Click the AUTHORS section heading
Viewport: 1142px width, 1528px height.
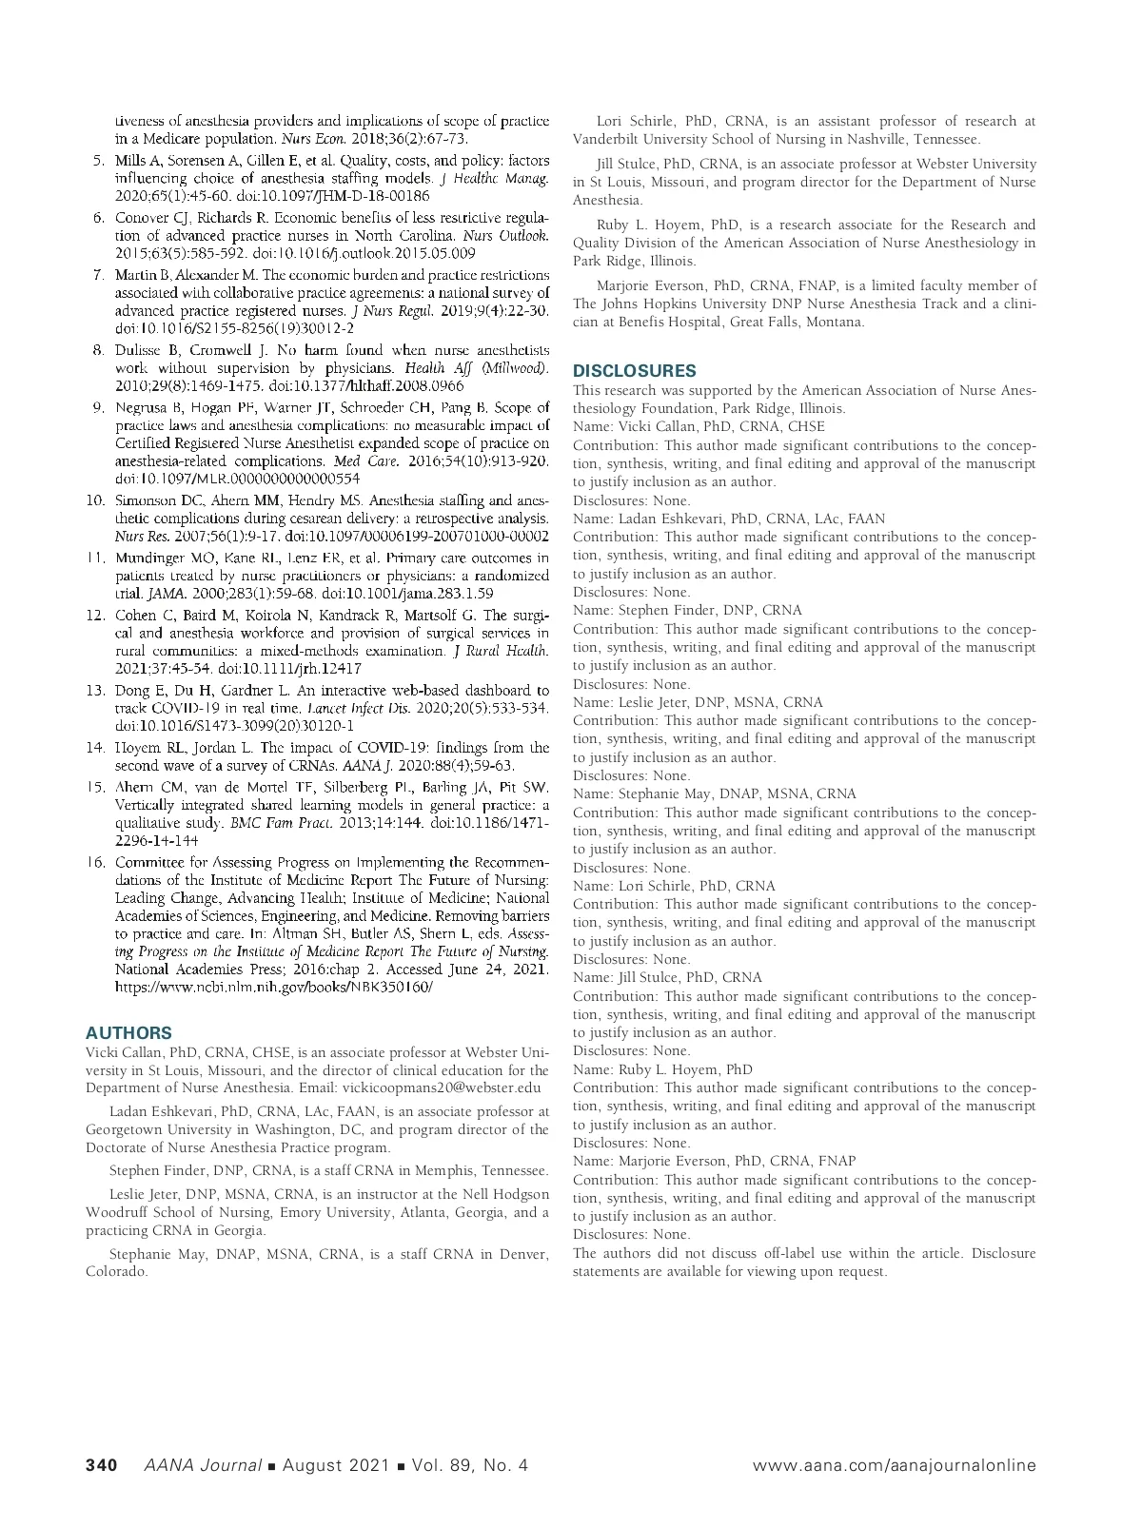coord(128,1032)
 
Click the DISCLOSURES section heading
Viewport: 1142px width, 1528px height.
coord(634,370)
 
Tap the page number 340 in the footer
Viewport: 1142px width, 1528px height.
coord(101,1465)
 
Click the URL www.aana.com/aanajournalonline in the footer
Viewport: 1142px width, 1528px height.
coord(894,1465)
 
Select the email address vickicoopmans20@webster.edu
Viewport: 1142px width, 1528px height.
coord(442,1087)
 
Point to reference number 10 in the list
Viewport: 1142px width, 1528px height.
coord(95,500)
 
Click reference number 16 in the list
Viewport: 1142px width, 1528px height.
coord(95,862)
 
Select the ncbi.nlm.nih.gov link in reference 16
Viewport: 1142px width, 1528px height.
coord(273,988)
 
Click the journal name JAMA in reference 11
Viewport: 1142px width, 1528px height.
coord(131,593)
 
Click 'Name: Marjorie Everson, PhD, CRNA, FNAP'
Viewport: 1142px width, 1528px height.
coord(714,1161)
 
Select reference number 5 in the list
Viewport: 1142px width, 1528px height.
coord(98,160)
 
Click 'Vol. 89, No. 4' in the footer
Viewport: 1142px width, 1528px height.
coord(466,1465)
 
